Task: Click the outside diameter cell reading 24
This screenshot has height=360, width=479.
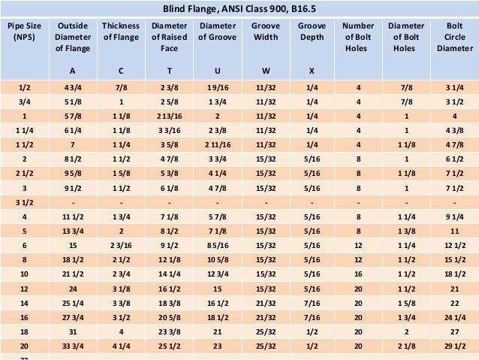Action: (x=72, y=288)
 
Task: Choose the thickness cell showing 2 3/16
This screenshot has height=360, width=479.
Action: (x=121, y=245)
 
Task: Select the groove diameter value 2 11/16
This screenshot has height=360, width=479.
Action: (x=217, y=143)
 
